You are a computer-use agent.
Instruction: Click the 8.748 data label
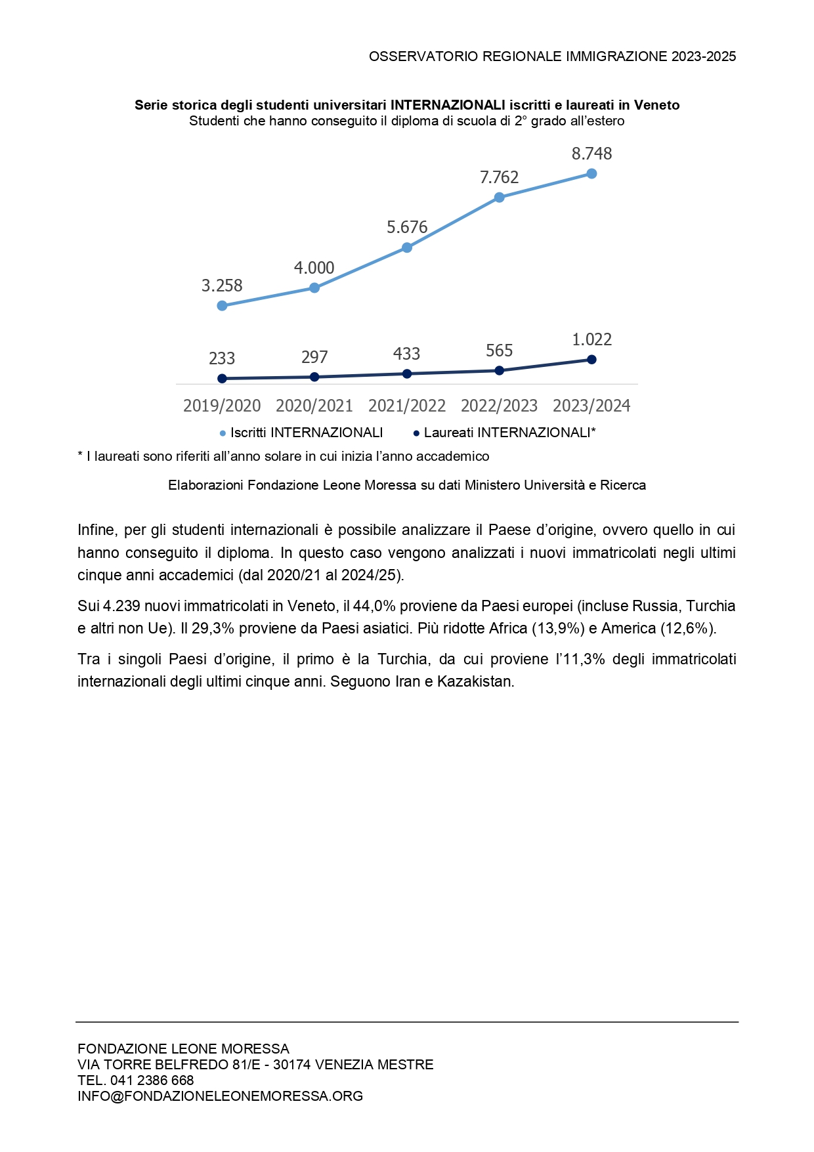pyautogui.click(x=591, y=154)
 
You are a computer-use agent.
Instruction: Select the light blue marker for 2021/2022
pyautogui.click(x=407, y=247)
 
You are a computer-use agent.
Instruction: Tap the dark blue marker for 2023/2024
pyautogui.click(x=591, y=360)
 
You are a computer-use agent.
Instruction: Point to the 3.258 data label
pyautogui.click(x=222, y=286)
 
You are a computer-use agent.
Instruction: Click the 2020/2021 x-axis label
pyautogui.click(x=314, y=406)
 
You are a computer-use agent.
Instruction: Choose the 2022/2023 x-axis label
pyautogui.click(x=499, y=406)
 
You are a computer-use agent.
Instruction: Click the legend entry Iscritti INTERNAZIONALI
pyautogui.click(x=306, y=433)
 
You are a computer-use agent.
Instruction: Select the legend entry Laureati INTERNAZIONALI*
pyautogui.click(x=509, y=433)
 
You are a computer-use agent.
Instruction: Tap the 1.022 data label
pyautogui.click(x=591, y=339)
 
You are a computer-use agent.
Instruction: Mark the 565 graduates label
pyautogui.click(x=499, y=351)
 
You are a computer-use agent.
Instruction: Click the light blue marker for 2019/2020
pyautogui.click(x=222, y=306)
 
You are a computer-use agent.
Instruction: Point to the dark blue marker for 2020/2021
pyautogui.click(x=314, y=377)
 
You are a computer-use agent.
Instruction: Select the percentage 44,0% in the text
pyautogui.click(x=374, y=606)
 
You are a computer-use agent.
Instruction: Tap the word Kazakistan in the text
pyautogui.click(x=475, y=681)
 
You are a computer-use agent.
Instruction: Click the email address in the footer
pyautogui.click(x=220, y=1096)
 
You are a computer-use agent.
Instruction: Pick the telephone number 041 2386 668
pyautogui.click(x=152, y=1080)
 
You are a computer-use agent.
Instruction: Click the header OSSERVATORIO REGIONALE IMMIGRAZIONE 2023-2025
pyautogui.click(x=552, y=56)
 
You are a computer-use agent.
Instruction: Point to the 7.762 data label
pyautogui.click(x=499, y=177)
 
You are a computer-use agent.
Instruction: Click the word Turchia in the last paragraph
pyautogui.click(x=402, y=659)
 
